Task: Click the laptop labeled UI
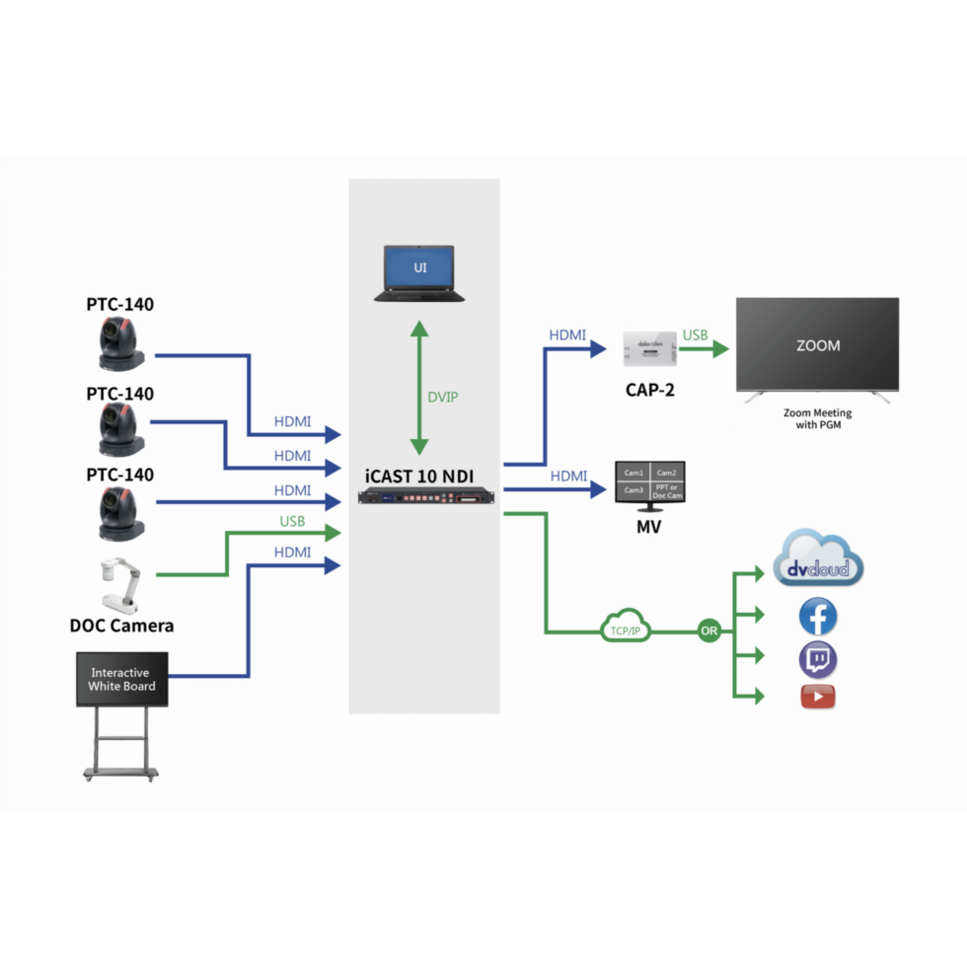[x=419, y=272]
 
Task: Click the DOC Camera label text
[x=121, y=625]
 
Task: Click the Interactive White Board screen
[x=121, y=678]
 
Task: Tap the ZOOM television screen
[x=817, y=345]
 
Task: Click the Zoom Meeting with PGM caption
[x=817, y=419]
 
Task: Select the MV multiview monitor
[x=649, y=485]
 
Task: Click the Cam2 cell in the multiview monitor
[x=667, y=473]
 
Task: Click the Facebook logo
[x=818, y=618]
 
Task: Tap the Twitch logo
[x=818, y=659]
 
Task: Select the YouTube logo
[x=818, y=697]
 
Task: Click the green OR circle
[x=709, y=629]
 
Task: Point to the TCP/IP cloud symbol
[x=625, y=629]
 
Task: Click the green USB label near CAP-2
[x=696, y=335]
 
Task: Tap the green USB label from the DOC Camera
[x=292, y=521]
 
